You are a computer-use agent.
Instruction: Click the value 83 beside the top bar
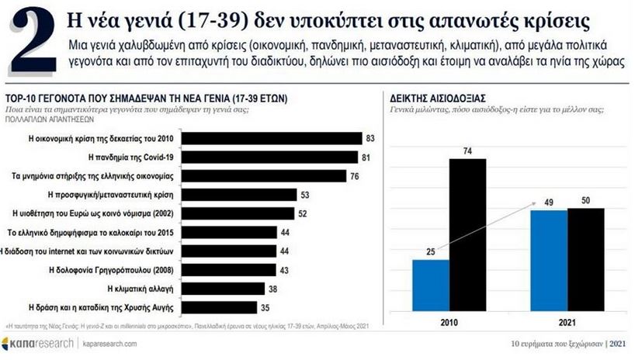(x=371, y=138)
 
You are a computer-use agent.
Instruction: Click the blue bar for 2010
(x=430, y=290)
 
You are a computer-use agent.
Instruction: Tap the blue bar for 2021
(x=548, y=265)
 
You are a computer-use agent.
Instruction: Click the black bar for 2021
(x=585, y=264)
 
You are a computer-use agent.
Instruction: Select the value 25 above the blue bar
(x=430, y=251)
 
